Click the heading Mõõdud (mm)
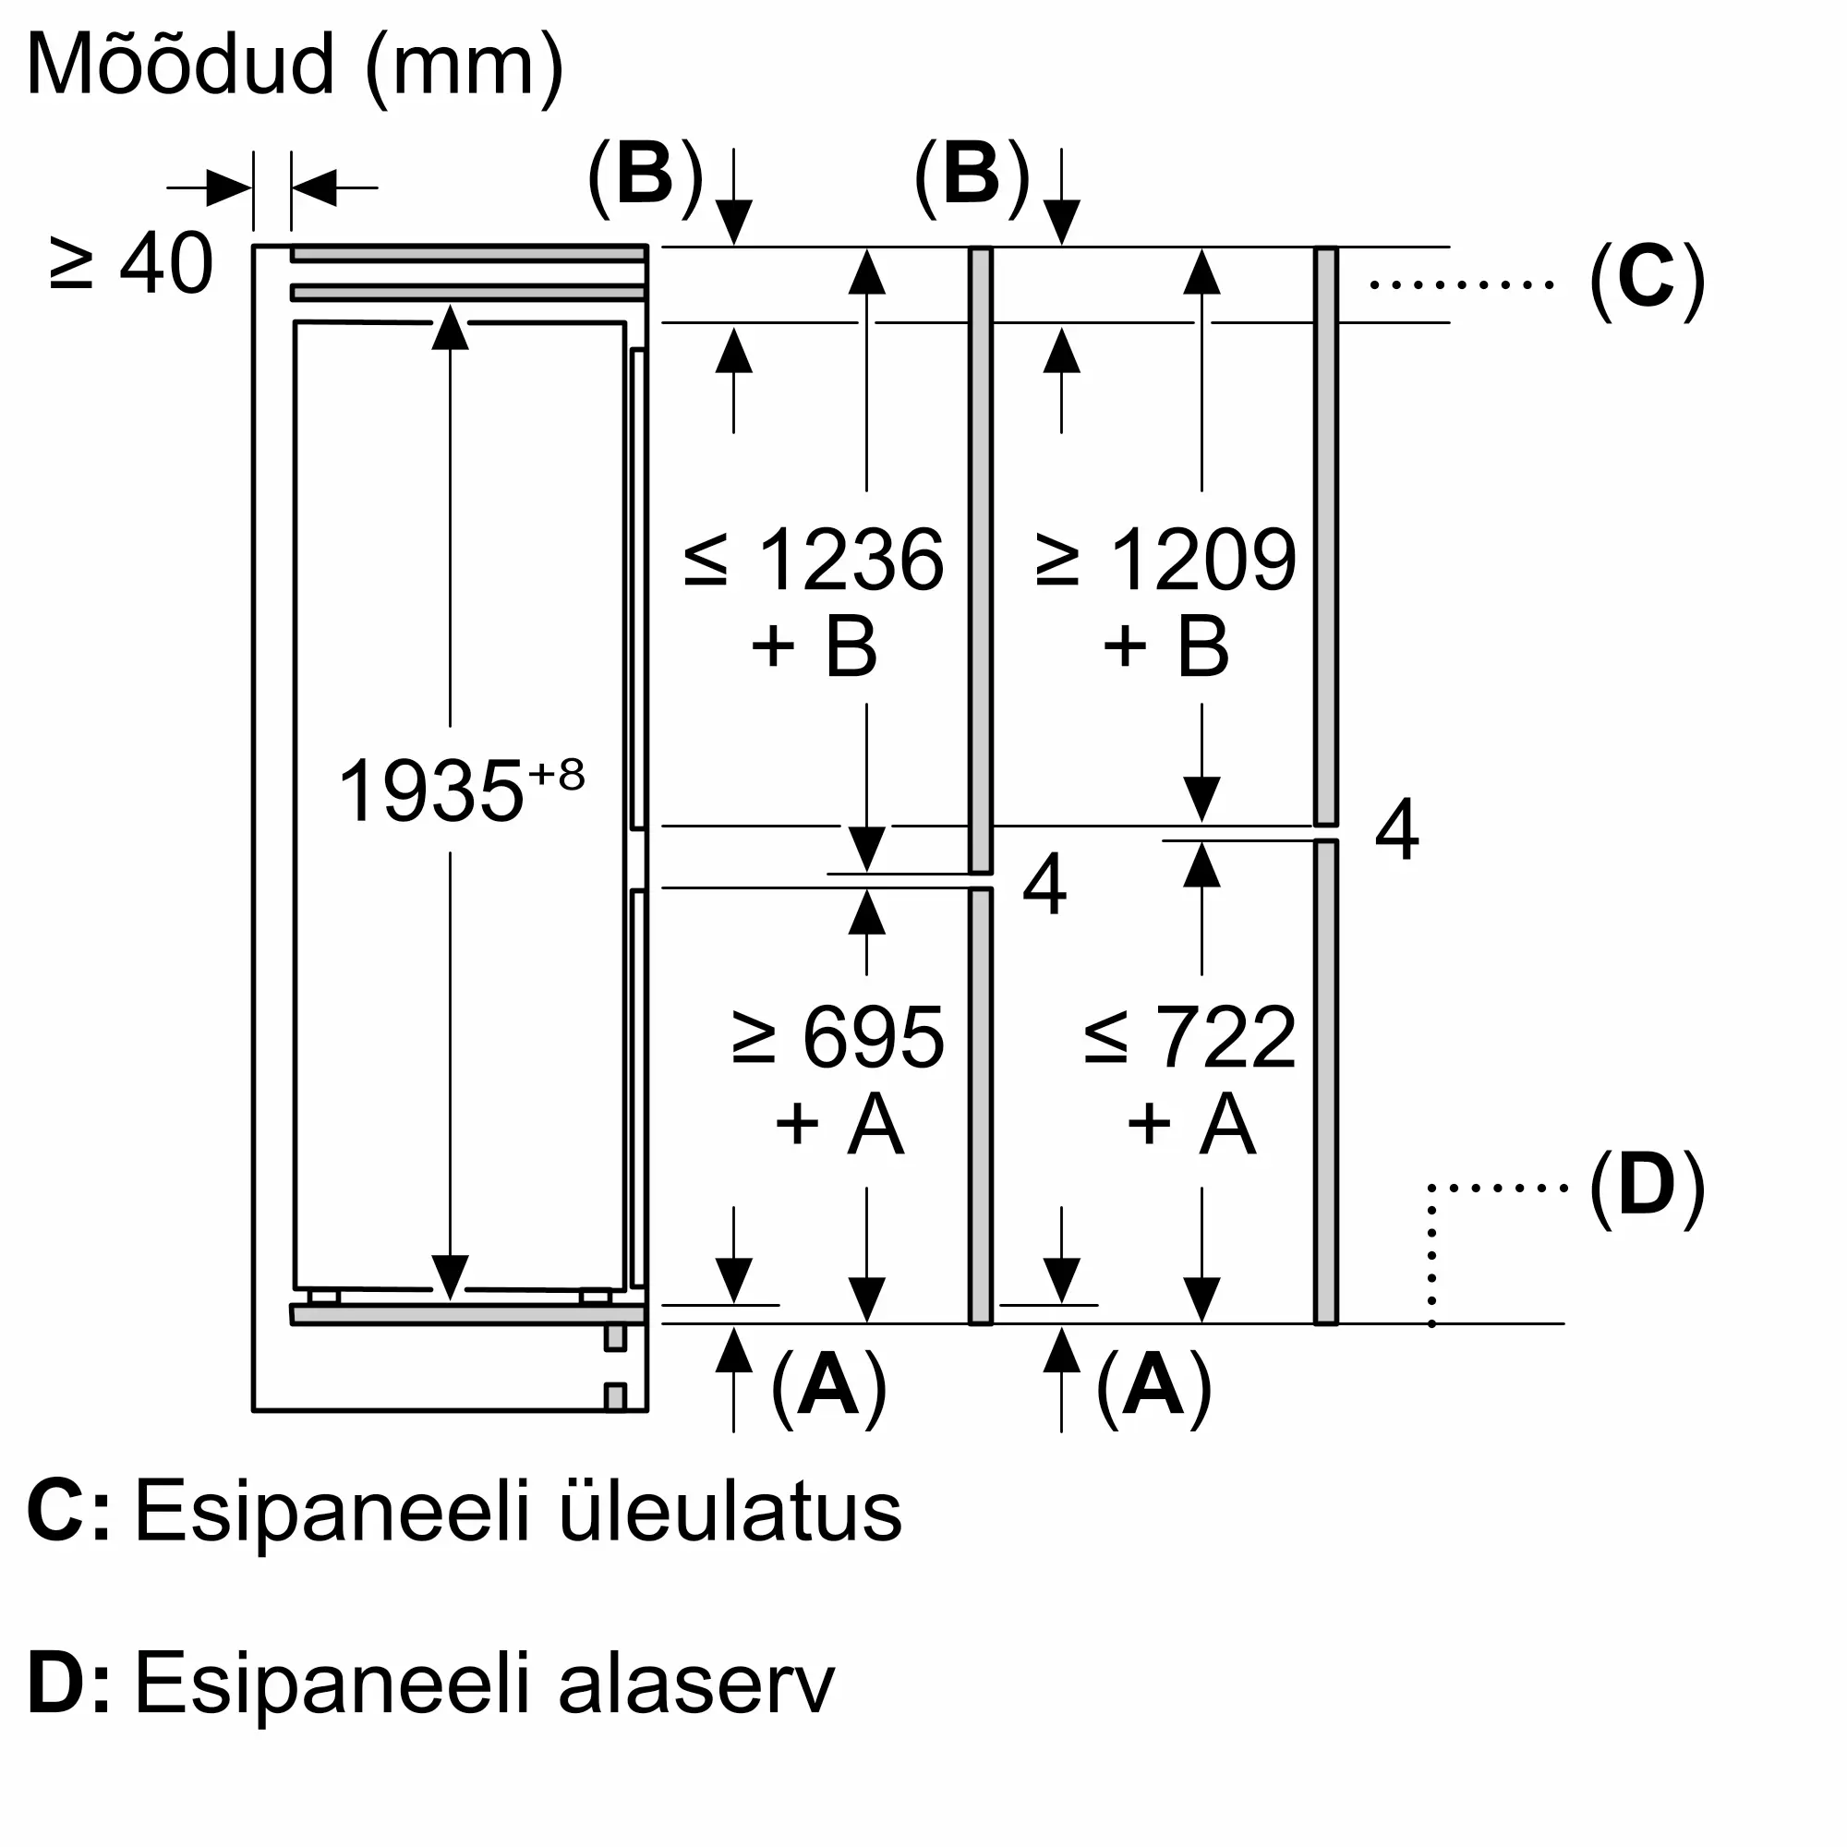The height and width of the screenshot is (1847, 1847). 296,66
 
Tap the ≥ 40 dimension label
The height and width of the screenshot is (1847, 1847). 132,264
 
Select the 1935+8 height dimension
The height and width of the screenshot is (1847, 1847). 460,790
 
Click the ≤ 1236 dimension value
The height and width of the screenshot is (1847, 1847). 815,561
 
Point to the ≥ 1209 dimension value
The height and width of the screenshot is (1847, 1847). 1166,561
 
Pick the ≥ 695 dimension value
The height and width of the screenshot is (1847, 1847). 838,1037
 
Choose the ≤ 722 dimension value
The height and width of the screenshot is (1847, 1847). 1190,1037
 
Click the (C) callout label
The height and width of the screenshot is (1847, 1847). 1647,282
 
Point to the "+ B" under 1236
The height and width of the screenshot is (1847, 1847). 815,647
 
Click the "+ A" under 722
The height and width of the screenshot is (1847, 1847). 1190,1124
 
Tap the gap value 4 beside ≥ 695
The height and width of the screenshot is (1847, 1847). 1044,886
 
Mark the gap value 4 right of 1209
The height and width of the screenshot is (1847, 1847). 1396,830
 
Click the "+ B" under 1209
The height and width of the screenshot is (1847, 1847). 1166,647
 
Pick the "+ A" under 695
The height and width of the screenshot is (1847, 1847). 839,1124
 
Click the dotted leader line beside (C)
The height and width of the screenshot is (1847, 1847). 1462,284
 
